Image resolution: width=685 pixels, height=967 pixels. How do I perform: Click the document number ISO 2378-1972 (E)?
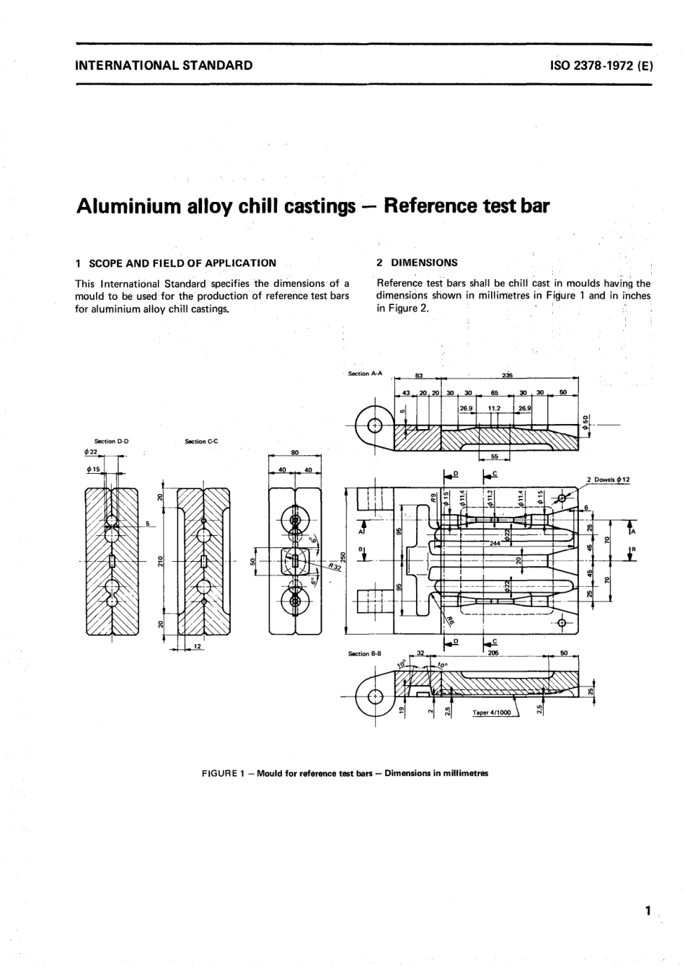click(601, 65)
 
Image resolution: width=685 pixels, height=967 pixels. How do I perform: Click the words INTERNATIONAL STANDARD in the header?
click(164, 65)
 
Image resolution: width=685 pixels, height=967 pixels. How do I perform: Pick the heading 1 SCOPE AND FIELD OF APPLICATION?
click(176, 262)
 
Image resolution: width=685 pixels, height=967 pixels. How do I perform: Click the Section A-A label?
click(365, 374)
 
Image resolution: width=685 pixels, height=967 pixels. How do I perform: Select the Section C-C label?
click(201, 441)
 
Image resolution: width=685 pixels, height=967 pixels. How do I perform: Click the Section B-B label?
click(364, 653)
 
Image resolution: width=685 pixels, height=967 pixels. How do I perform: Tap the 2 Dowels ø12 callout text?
click(608, 480)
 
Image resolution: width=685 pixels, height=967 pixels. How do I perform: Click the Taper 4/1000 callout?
click(491, 712)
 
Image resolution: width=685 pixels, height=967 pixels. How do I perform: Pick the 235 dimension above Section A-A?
click(507, 375)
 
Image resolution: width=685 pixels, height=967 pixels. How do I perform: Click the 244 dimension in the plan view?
click(495, 542)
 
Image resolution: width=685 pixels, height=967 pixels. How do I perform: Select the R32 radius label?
click(335, 566)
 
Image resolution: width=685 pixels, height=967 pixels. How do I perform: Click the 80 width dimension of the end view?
click(294, 453)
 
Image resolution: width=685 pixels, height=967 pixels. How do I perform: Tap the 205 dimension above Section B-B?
click(493, 651)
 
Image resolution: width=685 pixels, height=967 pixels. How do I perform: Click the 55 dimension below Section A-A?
click(494, 456)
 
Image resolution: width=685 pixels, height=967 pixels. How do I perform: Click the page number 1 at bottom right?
click(648, 910)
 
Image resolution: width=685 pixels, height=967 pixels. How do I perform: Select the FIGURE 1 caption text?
click(345, 773)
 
